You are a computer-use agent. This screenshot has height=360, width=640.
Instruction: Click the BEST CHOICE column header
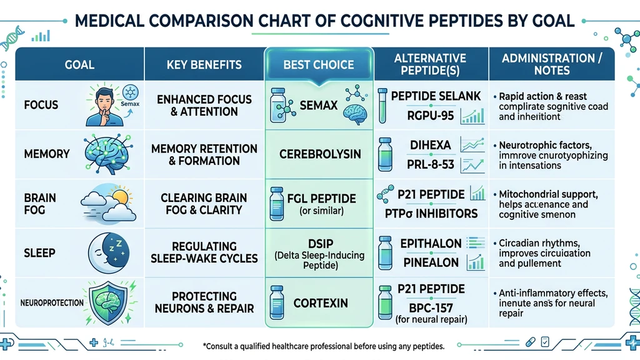point(319,64)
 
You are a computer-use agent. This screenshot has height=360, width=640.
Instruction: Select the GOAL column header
point(79,64)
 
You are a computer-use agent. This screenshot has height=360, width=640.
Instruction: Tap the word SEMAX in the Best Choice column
point(319,105)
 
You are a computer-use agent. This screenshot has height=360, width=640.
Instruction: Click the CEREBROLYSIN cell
point(319,154)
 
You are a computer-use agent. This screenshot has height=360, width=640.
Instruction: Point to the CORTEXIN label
point(321,303)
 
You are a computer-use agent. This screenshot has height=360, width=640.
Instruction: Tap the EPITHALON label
point(431,243)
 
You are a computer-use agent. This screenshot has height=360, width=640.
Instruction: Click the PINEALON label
point(430,262)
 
